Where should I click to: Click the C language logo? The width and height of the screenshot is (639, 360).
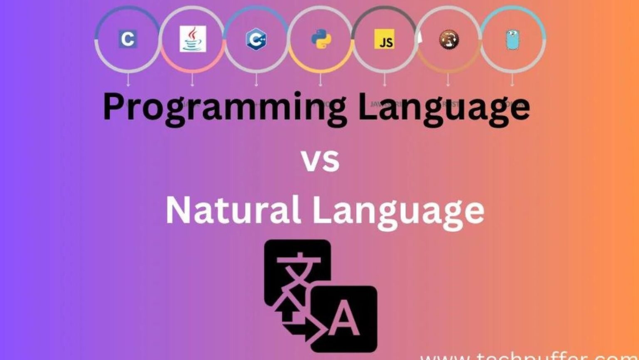(x=127, y=39)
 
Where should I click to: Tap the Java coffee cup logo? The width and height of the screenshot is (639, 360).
(x=193, y=39)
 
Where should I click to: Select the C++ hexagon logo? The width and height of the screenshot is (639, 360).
(x=256, y=39)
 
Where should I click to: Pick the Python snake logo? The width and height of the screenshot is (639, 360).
(x=321, y=39)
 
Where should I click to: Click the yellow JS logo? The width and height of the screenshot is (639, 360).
(x=384, y=39)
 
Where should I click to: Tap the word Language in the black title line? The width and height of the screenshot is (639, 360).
(x=444, y=107)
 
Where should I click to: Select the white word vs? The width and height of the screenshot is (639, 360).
(x=320, y=161)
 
